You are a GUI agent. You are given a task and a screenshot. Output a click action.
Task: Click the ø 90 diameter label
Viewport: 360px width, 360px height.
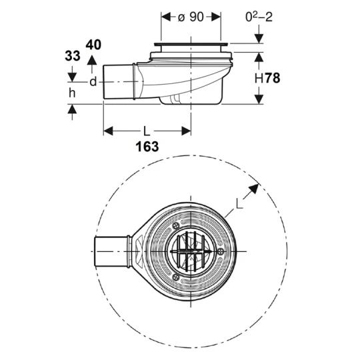[x=191, y=17]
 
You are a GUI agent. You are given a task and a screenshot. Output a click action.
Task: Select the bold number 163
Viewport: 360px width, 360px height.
[x=147, y=147]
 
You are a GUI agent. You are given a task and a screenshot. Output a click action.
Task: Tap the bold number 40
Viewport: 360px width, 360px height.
[x=93, y=45]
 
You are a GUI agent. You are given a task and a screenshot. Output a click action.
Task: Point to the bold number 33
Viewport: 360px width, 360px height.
[x=73, y=56]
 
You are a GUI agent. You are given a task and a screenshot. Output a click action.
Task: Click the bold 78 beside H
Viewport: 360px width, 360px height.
[x=273, y=78]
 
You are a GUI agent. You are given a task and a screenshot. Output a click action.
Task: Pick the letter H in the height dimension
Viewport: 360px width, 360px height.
[x=259, y=78]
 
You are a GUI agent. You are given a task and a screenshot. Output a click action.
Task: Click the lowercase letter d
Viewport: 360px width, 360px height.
[x=93, y=81]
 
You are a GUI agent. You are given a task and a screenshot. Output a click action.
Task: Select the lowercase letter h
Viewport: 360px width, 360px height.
[x=72, y=93]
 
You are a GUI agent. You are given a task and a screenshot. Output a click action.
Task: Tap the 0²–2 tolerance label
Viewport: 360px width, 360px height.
[x=259, y=17]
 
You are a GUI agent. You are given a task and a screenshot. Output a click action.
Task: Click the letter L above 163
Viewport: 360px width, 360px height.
[x=147, y=131]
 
